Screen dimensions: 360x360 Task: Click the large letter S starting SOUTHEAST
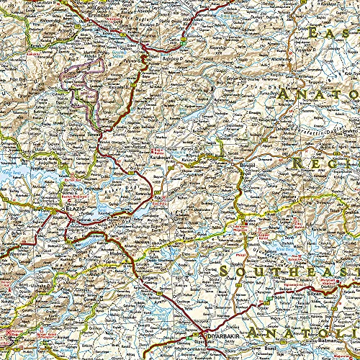coord(231,271)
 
